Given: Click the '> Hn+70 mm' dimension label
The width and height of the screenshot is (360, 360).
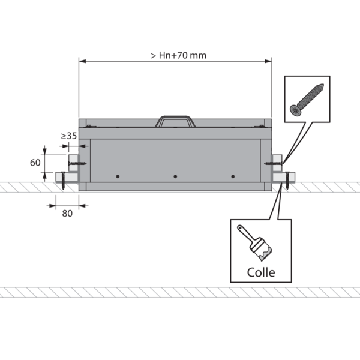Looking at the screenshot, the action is (x=178, y=55).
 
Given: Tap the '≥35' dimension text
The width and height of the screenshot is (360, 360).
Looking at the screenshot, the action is (x=68, y=136).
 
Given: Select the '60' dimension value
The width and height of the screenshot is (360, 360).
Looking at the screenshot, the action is (x=35, y=163).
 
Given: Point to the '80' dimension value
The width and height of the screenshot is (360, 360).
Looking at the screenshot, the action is (x=67, y=214).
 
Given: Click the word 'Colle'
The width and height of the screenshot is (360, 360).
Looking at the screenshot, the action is (x=261, y=272).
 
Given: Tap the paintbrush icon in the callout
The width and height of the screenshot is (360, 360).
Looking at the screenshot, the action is (x=255, y=242).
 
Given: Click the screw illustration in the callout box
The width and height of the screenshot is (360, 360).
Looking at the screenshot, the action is (x=307, y=100).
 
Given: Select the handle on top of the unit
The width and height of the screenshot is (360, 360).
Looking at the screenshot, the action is (x=175, y=121).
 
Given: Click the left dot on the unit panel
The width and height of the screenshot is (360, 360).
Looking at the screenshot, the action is (x=118, y=176).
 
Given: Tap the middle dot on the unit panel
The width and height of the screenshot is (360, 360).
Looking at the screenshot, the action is (x=175, y=176).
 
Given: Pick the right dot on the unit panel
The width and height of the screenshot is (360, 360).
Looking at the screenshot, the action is (x=233, y=176).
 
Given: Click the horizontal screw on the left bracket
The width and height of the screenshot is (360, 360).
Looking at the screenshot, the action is (x=77, y=164).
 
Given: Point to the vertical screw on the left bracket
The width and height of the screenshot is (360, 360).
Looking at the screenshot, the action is (x=63, y=181).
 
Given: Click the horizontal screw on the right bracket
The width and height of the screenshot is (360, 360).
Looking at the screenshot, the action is (x=273, y=163).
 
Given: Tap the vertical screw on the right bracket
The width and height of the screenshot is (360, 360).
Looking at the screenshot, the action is (x=287, y=181).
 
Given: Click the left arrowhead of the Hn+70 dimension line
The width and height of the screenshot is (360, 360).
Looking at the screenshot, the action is (x=82, y=61).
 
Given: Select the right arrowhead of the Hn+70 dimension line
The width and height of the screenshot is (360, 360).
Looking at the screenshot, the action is (x=268, y=61).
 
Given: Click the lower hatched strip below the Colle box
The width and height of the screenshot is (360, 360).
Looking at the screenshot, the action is (x=180, y=292).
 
